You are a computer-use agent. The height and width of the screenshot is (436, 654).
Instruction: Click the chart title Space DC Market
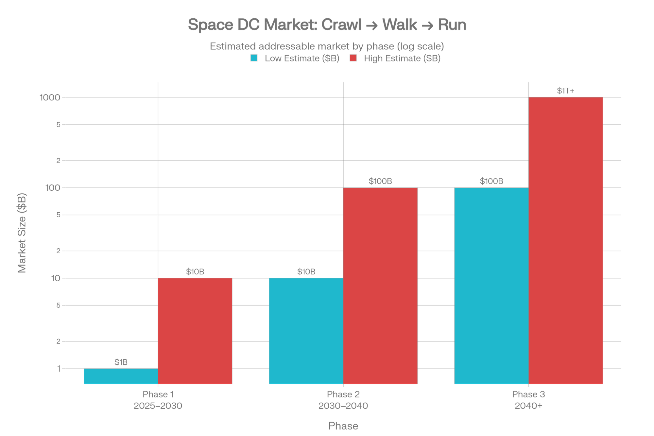click(327, 25)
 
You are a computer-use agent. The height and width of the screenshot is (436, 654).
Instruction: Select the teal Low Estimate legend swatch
click(254, 58)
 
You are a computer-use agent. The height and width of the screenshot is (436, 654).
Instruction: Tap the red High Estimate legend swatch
click(353, 58)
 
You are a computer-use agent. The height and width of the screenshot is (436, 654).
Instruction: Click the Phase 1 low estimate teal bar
click(121, 376)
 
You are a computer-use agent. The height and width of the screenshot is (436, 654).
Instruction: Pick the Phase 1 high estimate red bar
click(195, 330)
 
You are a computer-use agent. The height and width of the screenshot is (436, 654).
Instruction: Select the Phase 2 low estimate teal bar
click(306, 330)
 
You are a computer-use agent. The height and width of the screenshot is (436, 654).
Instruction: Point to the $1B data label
click(121, 362)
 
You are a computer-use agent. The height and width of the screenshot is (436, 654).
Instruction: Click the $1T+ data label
click(566, 91)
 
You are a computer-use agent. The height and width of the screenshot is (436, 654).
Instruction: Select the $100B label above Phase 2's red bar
click(380, 181)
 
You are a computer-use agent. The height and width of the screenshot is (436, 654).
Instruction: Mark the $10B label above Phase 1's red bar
click(195, 271)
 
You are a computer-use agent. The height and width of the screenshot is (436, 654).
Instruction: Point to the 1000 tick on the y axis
click(50, 97)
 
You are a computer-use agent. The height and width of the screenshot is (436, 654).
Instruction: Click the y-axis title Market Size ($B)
click(22, 233)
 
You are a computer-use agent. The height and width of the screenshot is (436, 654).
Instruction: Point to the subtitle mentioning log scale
click(327, 46)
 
